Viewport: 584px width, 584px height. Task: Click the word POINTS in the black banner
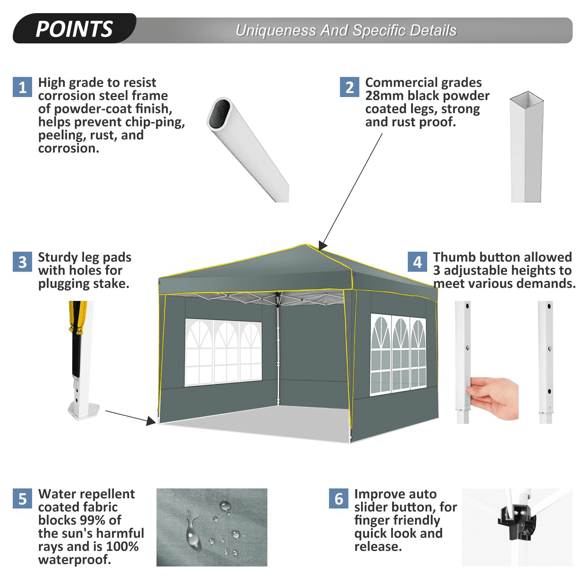74,29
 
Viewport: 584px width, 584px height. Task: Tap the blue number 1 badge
22,87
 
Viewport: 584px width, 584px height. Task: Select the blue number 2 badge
349,87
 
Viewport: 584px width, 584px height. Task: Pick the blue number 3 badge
22,262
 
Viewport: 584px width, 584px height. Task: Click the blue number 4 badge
417,262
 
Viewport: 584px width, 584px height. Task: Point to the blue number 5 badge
22,499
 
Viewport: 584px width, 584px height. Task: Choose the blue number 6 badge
339,499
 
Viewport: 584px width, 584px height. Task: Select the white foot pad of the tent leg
84,411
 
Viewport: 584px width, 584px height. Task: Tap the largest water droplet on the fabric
193,533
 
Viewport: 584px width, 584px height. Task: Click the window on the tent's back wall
223,352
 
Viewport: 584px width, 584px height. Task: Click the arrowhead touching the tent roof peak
322,245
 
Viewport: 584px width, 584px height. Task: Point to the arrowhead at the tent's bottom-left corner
151,421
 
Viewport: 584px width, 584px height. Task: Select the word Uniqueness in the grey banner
276,31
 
